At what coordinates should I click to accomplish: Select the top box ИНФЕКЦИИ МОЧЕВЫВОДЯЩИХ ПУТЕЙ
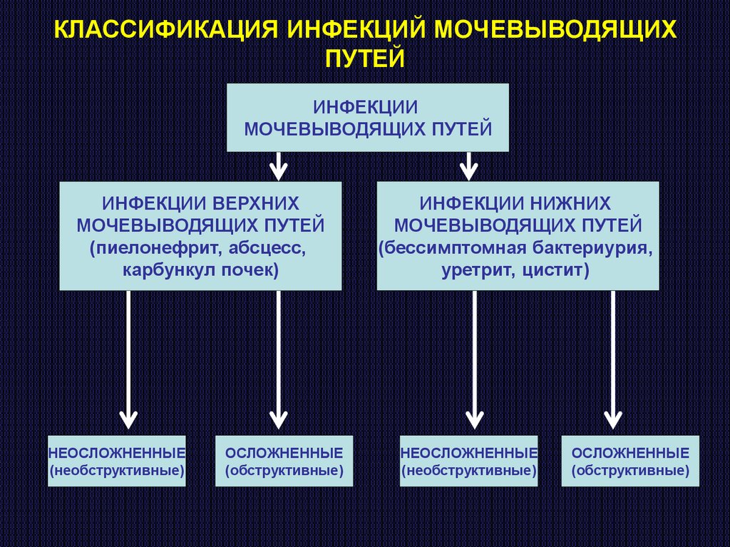point(367,118)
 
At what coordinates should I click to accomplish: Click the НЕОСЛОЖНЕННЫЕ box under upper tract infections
point(117,461)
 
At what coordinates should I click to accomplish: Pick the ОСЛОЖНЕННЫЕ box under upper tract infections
point(284,461)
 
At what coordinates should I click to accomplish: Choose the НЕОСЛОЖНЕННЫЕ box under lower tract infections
point(468,461)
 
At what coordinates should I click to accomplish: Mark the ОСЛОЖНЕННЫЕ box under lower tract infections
point(630,461)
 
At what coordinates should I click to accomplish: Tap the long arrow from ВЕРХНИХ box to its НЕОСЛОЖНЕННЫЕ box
point(128,357)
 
